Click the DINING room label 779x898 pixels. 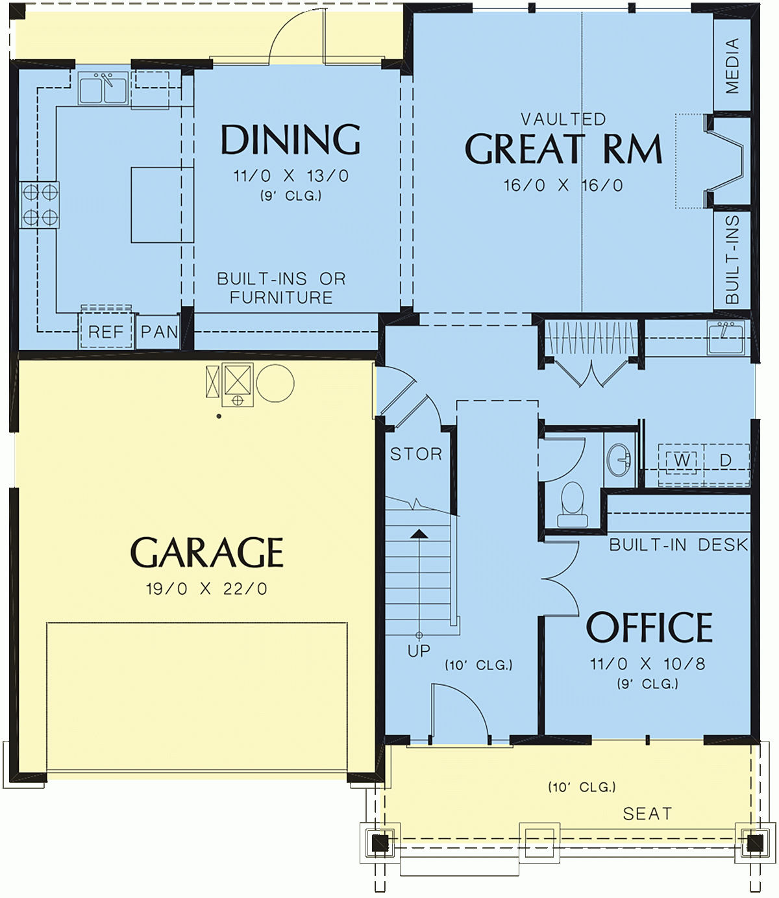tap(290, 140)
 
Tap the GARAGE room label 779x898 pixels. tap(207, 553)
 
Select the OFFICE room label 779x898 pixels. tap(649, 627)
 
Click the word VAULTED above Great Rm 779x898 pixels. tap(563, 119)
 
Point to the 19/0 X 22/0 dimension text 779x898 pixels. tap(206, 589)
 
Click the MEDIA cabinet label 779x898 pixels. tap(732, 65)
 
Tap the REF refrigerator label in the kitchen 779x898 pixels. tap(106, 332)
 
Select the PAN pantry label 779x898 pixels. tap(159, 332)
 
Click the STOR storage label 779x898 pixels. tap(416, 454)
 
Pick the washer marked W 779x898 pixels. tap(682, 460)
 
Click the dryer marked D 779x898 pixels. tap(726, 460)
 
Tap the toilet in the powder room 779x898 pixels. tap(572, 503)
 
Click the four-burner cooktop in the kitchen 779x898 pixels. tap(40, 205)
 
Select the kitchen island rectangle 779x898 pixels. tap(162, 205)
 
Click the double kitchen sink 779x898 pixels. tap(103, 88)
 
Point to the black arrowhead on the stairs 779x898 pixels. tap(420, 534)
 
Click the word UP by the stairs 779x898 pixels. tap(419, 650)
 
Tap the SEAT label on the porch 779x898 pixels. tap(647, 814)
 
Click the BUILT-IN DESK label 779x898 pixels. tap(678, 545)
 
